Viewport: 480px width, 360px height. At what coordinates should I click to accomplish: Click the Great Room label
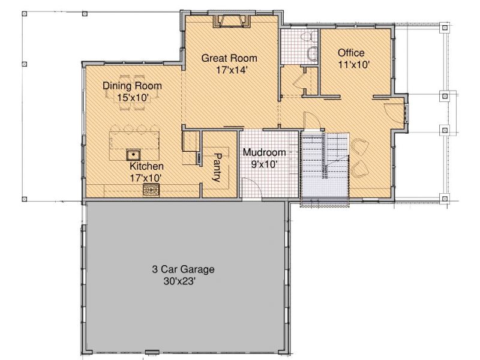(229, 58)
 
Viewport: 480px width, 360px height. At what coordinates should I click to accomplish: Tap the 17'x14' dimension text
(232, 70)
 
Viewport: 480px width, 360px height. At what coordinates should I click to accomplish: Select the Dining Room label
(132, 86)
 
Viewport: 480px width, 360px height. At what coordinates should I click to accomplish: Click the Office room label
(351, 53)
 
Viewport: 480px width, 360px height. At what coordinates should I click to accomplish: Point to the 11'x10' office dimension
(354, 65)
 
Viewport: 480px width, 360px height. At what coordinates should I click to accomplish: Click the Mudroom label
(264, 152)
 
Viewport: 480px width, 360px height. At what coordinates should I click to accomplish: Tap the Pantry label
(217, 167)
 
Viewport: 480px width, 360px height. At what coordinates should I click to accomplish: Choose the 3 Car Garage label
(183, 269)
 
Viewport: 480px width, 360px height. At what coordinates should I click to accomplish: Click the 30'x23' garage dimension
(179, 281)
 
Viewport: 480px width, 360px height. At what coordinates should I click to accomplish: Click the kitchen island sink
(133, 155)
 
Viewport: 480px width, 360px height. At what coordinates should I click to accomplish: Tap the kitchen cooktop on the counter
(151, 190)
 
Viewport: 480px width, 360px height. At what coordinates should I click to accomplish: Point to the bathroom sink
(313, 54)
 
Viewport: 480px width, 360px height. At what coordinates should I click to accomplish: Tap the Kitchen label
(146, 166)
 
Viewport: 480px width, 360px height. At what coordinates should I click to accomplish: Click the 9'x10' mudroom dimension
(265, 164)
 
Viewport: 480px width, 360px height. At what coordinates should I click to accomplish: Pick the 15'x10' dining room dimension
(133, 98)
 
